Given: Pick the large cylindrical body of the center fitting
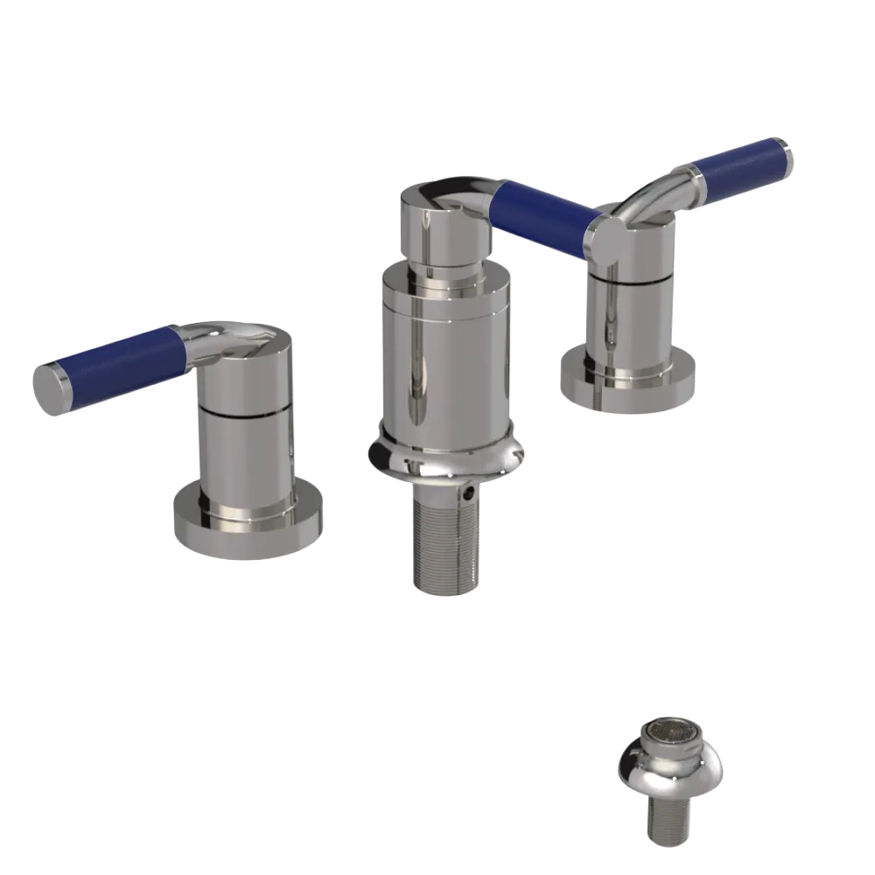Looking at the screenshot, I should [x=445, y=359].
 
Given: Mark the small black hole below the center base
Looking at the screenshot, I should [x=472, y=494].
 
